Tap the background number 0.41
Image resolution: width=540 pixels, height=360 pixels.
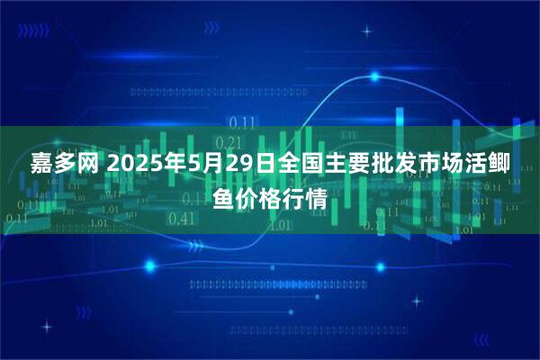pyautogui.click(x=182, y=218)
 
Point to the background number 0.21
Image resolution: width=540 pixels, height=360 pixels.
pyautogui.click(x=230, y=141)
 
